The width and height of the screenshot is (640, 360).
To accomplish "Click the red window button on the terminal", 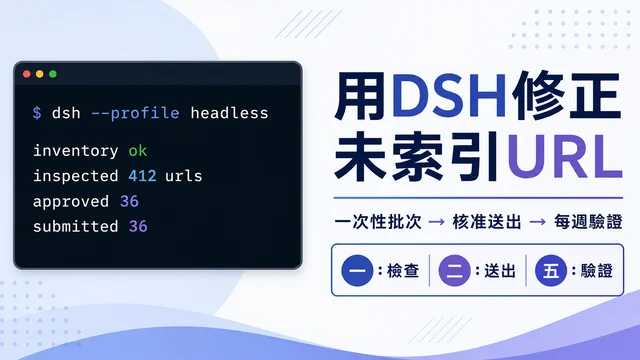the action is coord(27,74).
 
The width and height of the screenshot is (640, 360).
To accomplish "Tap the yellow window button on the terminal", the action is coord(40,74).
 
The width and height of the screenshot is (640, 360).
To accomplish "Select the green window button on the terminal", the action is coord(53,74).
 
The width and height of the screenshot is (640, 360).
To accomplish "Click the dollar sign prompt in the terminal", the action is coord(37,113).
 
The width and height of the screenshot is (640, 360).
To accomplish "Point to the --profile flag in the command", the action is coord(135,113).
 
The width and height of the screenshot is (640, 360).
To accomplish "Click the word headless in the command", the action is coord(229,113).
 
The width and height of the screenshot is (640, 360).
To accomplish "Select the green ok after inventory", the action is coord(138,151).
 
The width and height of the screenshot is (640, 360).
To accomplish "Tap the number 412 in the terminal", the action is coord(142,176).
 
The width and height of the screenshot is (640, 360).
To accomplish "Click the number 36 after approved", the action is coord(129,201).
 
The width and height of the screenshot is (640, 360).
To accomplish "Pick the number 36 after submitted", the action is coord(138,227).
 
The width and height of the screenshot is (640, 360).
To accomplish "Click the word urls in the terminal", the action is coord(184,176).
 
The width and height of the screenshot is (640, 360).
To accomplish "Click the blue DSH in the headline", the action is coord(449,96).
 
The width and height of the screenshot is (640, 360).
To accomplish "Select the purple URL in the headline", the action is coord(564,156).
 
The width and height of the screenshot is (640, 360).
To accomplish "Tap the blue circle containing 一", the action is coord(357,270).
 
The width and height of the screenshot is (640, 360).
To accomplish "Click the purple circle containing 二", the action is coord(454,270).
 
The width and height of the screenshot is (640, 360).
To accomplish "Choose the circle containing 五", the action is coord(551,270).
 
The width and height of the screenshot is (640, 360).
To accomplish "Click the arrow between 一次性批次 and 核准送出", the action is coord(437,222).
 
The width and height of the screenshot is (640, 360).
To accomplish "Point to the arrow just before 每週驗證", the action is coord(538,222).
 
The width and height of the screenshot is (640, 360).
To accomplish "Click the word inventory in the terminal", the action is coord(76,151).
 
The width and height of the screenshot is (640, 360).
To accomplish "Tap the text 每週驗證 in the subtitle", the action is coord(588,222).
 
